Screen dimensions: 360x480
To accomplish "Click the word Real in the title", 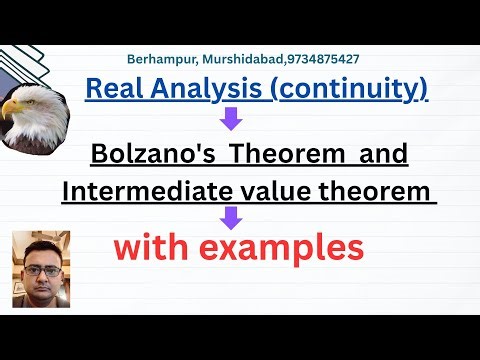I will tap(110, 89).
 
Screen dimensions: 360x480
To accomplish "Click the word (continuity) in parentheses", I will tap(346, 89).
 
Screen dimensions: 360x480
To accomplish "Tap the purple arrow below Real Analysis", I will tap(231, 121).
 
